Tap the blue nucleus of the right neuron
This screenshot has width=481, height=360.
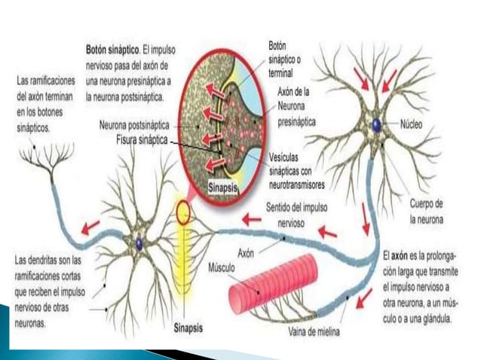376,125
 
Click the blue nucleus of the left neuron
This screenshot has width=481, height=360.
139,243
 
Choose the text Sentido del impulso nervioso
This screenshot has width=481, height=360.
296,211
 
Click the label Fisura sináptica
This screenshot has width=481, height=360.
142,140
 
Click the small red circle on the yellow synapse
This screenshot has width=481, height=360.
183,214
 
